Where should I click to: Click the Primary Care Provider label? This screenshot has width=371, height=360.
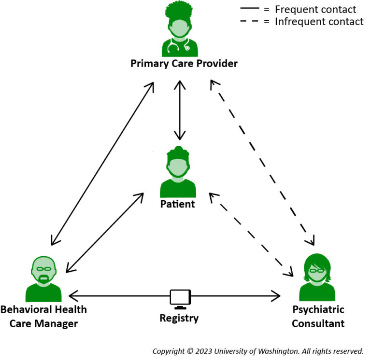click(184, 64)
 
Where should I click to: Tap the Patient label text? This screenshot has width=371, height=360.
click(177, 204)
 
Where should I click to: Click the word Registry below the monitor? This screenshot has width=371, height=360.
click(179, 318)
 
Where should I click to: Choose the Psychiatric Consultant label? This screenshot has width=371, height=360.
click(318, 317)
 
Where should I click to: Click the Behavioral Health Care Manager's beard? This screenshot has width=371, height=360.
click(43, 278)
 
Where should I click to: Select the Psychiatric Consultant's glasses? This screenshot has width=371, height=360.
click(317, 271)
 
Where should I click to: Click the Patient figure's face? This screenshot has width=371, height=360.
click(178, 167)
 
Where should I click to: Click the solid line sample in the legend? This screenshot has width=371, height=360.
click(252, 9)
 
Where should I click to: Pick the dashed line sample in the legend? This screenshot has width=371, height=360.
click(252, 22)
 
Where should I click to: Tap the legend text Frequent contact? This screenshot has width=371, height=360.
click(315, 9)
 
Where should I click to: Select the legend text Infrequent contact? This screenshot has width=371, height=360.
click(319, 22)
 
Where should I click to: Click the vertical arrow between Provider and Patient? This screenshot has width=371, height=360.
click(180, 110)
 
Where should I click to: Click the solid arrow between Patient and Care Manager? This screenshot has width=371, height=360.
click(105, 233)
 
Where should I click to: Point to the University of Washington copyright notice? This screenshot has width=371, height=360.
click(257, 351)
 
